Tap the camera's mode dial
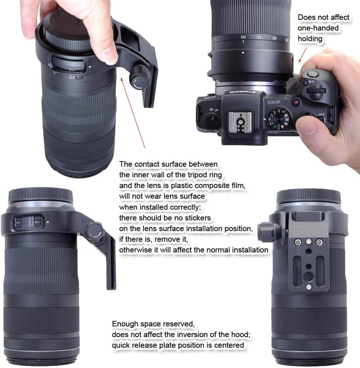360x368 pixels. coord(278,118)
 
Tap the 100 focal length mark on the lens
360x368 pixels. coord(243,37)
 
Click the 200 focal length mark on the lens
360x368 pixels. coord(274,38)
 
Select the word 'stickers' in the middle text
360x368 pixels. coord(197,218)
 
